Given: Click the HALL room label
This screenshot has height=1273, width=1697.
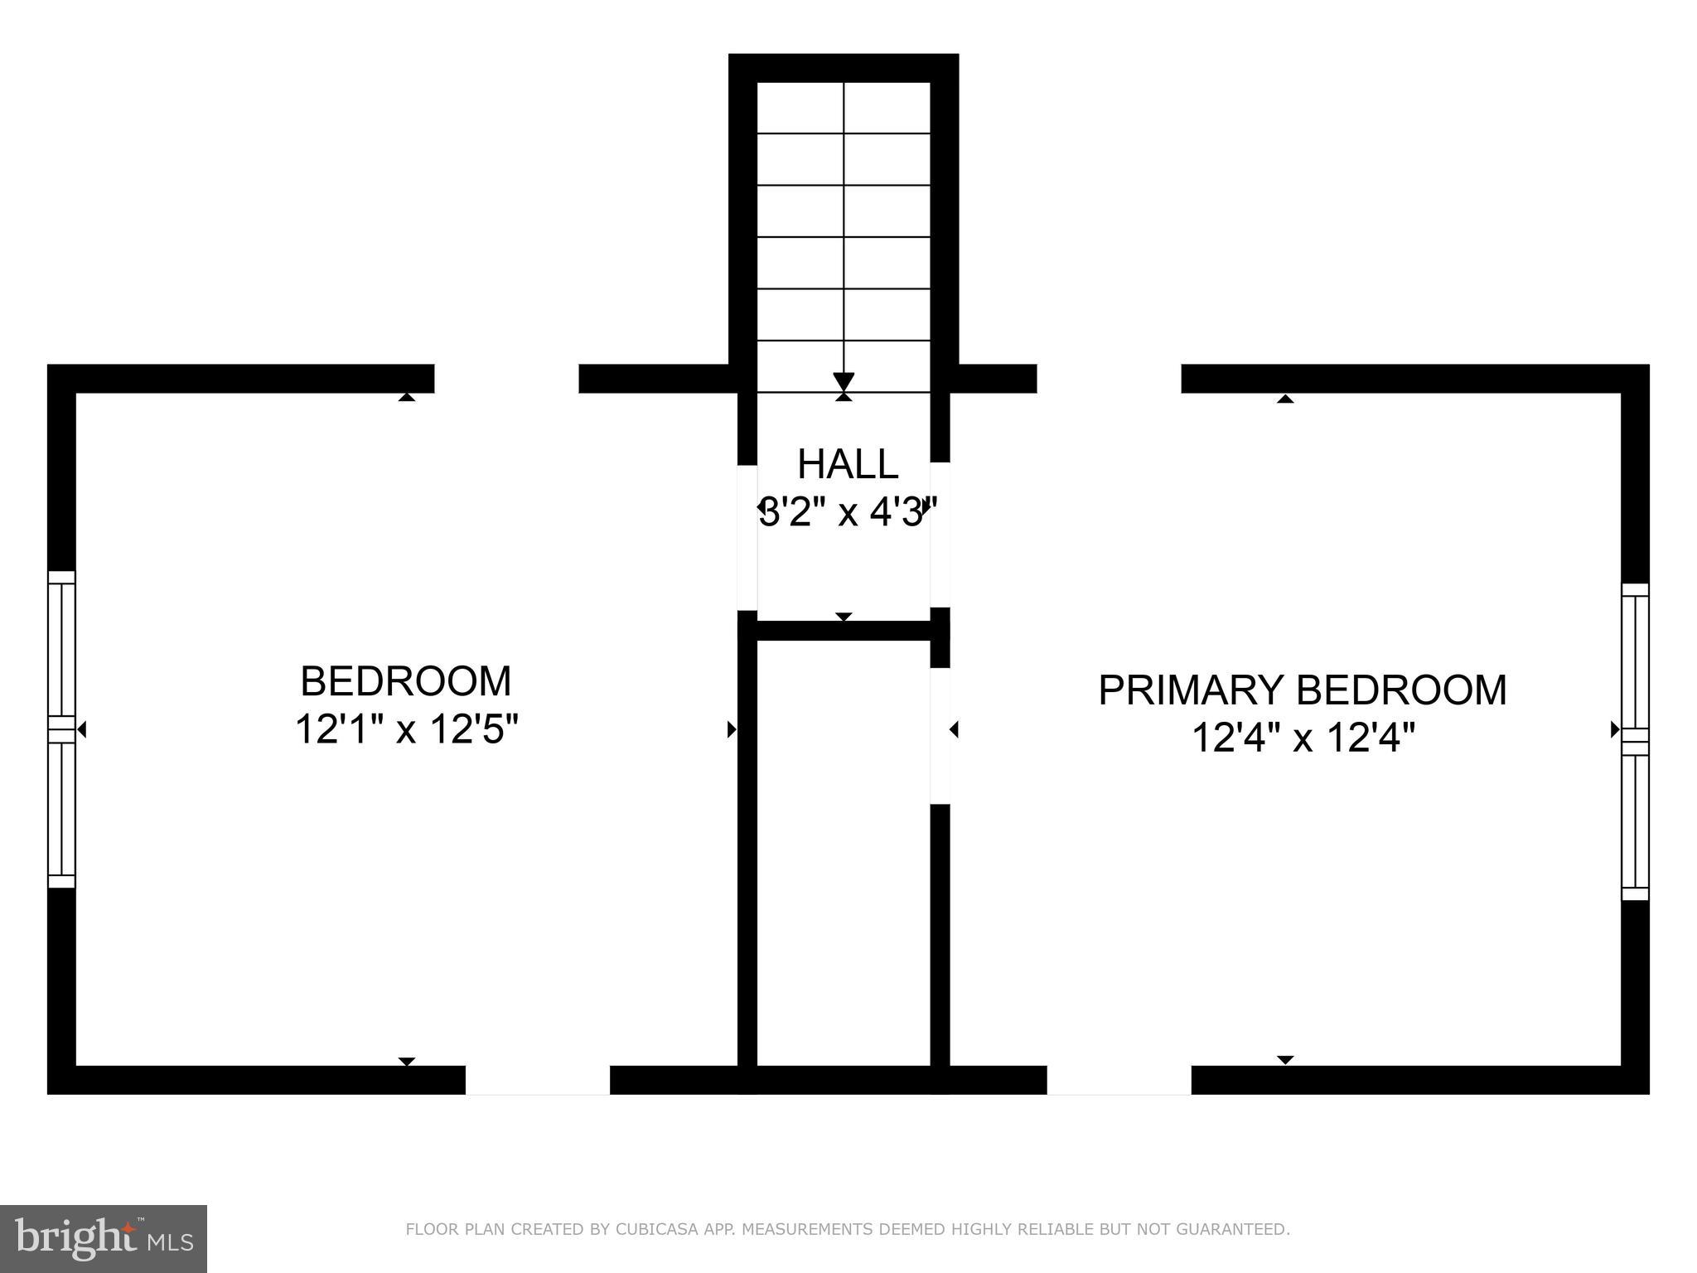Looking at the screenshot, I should [847, 464].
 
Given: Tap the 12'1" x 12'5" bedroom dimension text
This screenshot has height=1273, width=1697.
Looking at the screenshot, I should [406, 730].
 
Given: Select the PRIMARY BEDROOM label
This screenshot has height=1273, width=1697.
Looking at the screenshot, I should [1302, 690].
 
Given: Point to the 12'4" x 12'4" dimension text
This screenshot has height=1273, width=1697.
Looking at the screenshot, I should [1302, 738].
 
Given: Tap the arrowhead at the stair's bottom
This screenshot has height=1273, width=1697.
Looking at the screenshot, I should [844, 382].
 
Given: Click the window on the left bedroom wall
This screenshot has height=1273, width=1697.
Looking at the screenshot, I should [61, 729].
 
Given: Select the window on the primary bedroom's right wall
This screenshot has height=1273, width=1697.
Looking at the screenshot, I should [1635, 742].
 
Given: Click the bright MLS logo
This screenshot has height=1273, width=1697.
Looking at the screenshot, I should [104, 1238].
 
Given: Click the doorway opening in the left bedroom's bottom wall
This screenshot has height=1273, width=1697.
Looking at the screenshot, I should [537, 1080].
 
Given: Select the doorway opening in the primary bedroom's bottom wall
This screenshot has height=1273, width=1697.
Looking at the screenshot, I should [1119, 1080].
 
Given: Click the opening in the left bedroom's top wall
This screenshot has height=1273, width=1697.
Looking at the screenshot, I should [506, 379].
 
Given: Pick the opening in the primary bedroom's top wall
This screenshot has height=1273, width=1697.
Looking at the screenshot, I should [1109, 379].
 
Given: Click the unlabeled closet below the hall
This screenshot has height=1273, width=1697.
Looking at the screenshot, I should [844, 854].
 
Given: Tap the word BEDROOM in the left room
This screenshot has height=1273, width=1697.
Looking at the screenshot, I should [406, 681].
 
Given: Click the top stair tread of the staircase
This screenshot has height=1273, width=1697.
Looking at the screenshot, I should [844, 108].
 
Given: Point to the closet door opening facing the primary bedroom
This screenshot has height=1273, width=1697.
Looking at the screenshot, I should [940, 736].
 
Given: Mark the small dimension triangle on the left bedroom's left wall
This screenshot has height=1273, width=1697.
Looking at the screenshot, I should [82, 729].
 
